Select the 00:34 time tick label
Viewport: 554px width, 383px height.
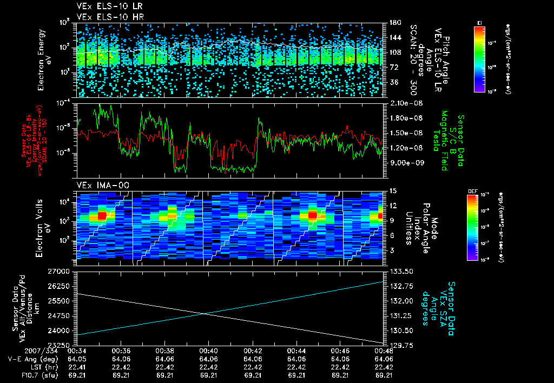point(77,351)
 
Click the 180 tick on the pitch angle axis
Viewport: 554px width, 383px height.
point(391,23)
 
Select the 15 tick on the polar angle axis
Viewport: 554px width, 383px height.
point(389,191)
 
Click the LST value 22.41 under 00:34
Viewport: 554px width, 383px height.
point(77,366)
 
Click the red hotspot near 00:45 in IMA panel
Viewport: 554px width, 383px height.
point(312,215)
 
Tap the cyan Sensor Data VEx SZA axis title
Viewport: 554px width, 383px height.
point(438,308)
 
